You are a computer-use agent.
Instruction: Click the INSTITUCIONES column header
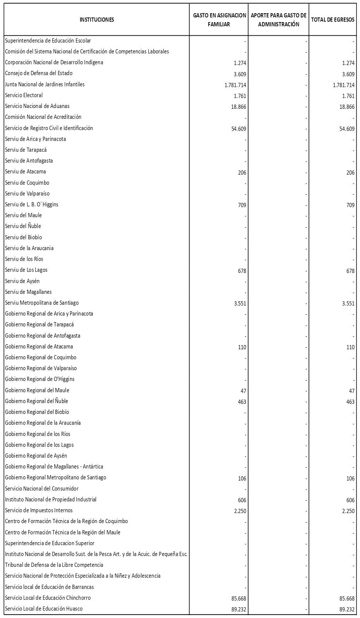coord(97,20)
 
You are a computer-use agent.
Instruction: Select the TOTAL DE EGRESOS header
coord(333,20)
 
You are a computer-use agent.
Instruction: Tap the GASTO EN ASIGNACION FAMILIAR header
coord(219,20)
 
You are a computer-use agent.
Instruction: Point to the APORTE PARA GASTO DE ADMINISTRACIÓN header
coord(278,20)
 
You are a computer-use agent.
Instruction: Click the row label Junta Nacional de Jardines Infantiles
coord(45,84)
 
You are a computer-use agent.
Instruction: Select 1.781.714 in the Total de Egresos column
coord(343,85)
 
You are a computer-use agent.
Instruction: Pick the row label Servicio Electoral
coord(24,95)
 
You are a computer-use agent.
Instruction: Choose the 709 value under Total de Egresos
coord(350,205)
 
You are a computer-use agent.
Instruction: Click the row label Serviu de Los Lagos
coord(26,270)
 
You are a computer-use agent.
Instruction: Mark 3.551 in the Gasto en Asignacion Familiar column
coord(240,304)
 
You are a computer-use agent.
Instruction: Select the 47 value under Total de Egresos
coord(351,391)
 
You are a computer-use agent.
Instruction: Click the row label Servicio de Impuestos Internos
coord(39,510)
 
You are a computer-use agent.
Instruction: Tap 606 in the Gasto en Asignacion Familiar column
coord(242,500)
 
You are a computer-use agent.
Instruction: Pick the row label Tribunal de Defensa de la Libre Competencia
coord(54,565)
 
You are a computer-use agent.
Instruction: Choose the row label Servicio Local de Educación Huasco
coord(44,608)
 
